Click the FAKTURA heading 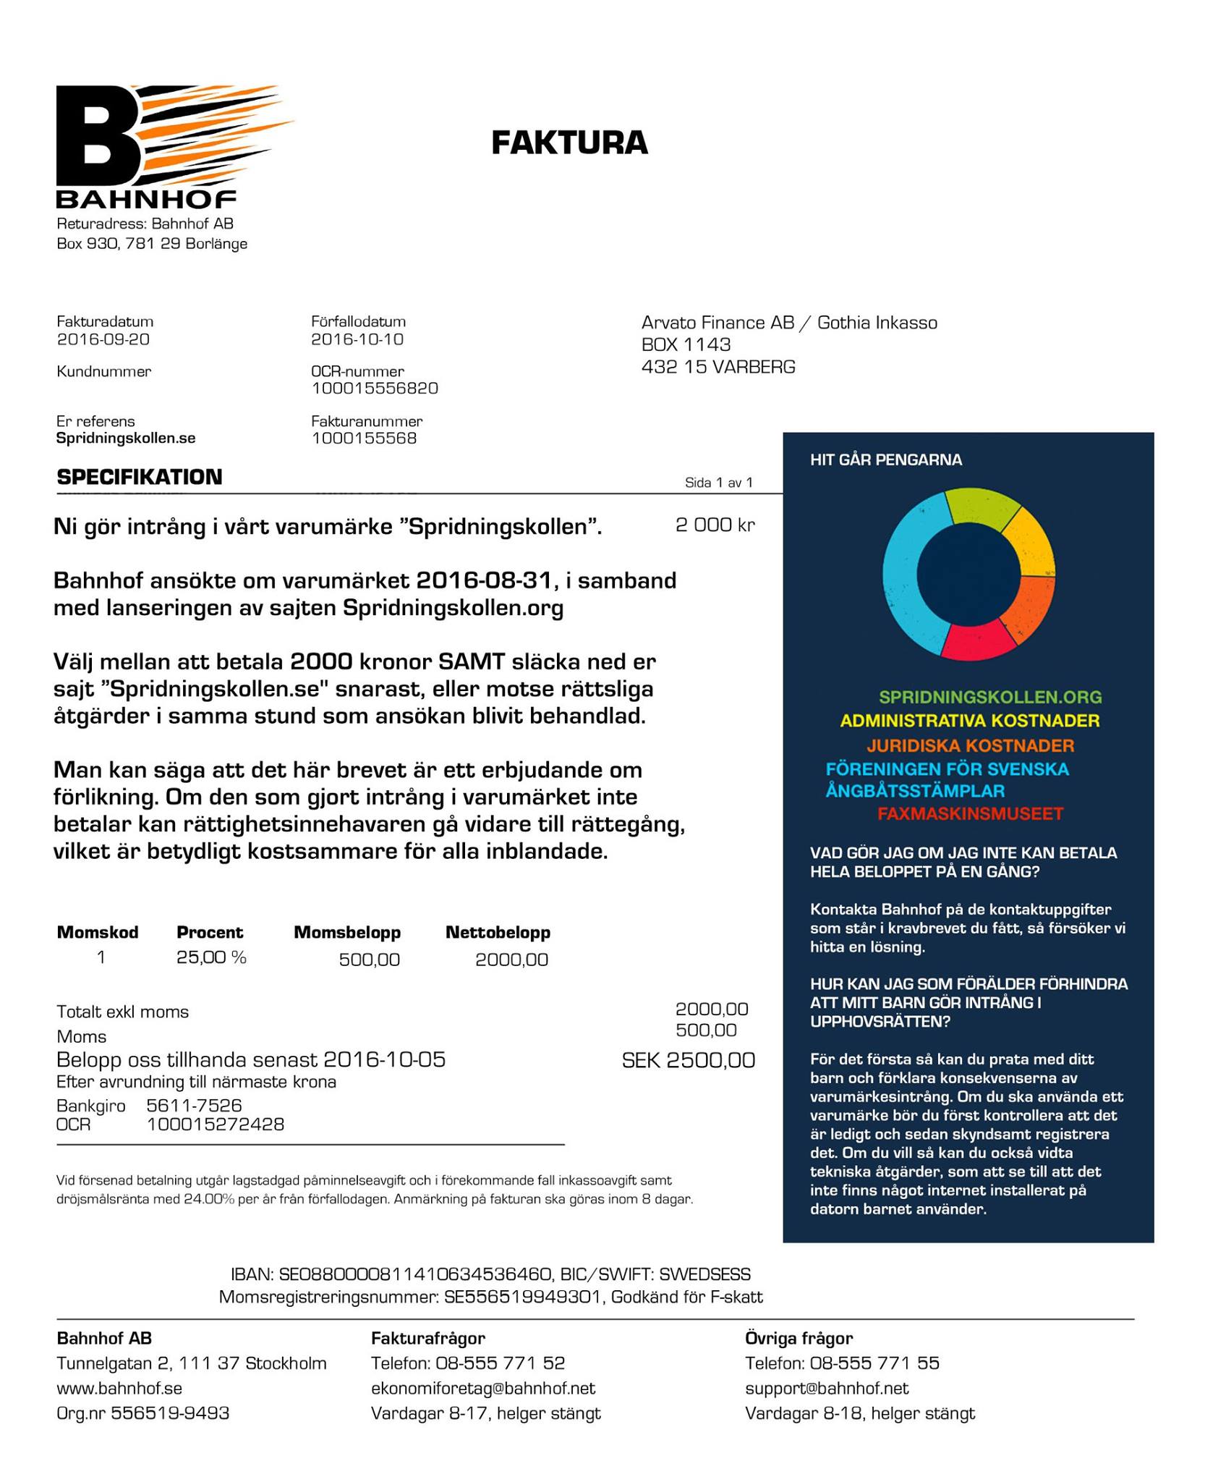coord(569,143)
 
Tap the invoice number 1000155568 coord(364,439)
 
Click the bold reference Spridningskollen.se coord(126,439)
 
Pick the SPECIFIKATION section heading coord(140,477)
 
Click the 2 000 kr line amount coord(715,525)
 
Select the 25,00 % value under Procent coord(211,957)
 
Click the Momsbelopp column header coord(346,932)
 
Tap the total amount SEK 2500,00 coord(688,1060)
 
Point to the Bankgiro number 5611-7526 coord(194,1106)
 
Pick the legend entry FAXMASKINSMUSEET coord(970,813)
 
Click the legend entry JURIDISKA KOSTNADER coord(970,745)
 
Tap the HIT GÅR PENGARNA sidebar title coord(885,460)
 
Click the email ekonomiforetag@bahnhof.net coord(482,1388)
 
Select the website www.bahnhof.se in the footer coord(119,1388)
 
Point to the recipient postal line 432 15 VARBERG coord(718,367)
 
